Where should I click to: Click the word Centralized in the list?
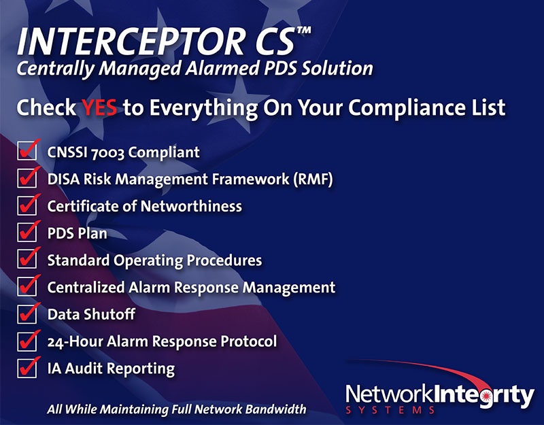click(x=86, y=288)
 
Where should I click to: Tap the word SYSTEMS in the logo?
click(x=390, y=410)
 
